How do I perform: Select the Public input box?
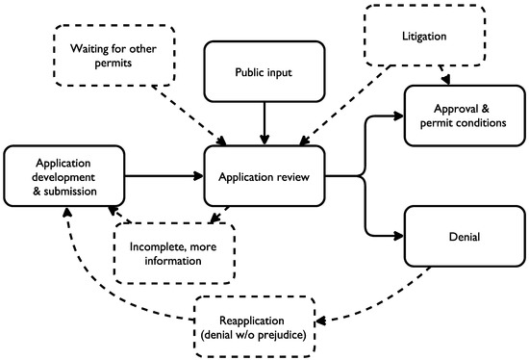(x=264, y=71)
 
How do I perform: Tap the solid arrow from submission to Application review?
(x=164, y=176)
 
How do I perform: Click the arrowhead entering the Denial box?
(x=398, y=234)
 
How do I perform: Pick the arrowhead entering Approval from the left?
(x=398, y=116)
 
